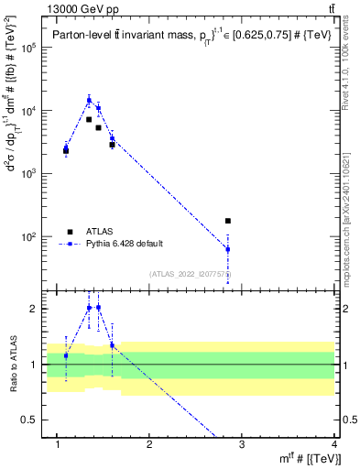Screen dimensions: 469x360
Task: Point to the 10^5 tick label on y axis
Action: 35,48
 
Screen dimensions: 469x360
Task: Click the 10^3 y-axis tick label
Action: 35,173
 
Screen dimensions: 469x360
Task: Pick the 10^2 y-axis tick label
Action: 35,236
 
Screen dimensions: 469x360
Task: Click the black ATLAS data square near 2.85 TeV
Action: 228,221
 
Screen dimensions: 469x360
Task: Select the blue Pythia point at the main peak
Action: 89,100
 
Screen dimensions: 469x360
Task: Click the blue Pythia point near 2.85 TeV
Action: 228,249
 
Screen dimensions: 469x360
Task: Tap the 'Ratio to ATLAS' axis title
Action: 13,364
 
